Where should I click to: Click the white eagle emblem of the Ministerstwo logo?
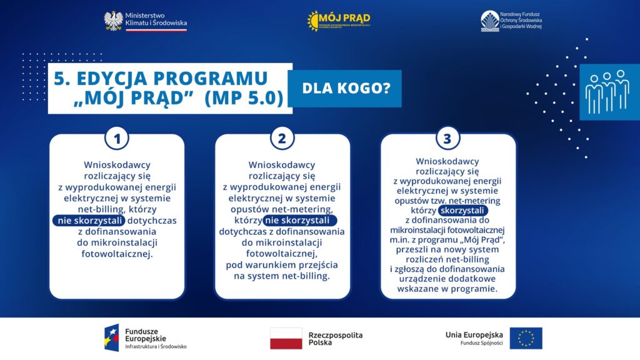113,21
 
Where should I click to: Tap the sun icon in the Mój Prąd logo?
312,21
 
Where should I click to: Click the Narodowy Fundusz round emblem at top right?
489,21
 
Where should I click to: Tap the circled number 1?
116,139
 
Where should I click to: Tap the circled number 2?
281,139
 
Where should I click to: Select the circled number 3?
447,139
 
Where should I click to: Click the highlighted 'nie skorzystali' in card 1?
89,221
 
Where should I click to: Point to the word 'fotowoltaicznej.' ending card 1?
117,254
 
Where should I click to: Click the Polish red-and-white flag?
286,338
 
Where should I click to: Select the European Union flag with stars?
526,338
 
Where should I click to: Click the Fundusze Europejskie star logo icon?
112,337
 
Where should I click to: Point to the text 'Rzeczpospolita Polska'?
335,339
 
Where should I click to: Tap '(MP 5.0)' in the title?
243,99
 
